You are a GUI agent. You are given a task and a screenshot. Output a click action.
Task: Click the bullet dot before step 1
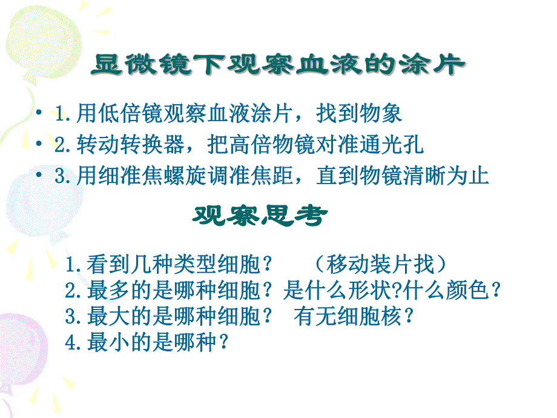click(x=40, y=113)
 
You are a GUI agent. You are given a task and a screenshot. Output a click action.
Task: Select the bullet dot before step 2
click(x=40, y=145)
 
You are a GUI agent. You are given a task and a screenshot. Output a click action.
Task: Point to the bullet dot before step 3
click(x=40, y=176)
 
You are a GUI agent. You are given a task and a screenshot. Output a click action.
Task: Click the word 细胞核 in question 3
click(x=371, y=317)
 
